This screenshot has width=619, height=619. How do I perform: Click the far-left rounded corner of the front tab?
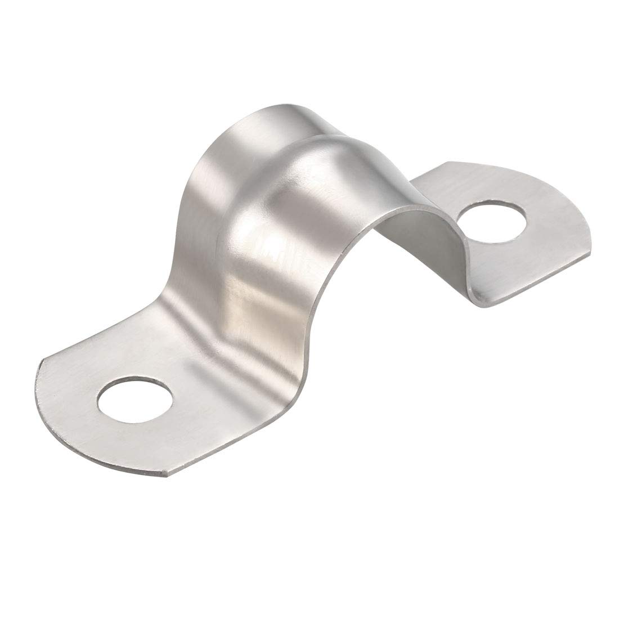(x=39, y=366)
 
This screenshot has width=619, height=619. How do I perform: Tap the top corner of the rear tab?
(x=447, y=164)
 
